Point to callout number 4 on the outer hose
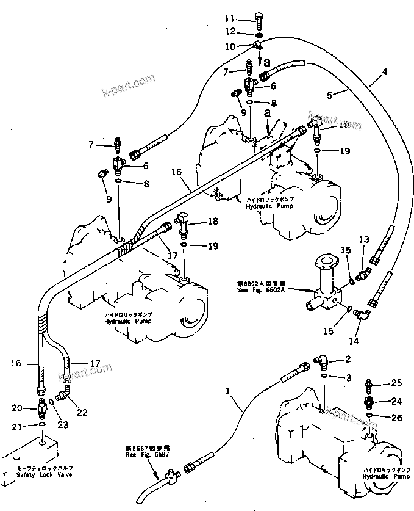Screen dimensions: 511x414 coord(384,72)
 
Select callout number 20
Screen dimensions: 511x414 coord(16,408)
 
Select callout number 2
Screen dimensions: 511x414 coord(348,359)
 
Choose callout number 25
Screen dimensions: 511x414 coord(396,383)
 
